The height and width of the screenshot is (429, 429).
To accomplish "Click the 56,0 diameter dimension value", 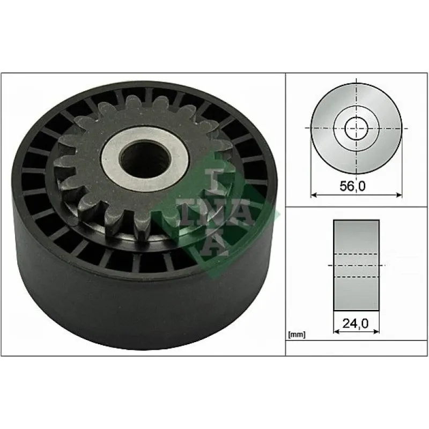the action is click(352, 186).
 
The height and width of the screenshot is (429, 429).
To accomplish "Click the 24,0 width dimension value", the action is click(356, 324).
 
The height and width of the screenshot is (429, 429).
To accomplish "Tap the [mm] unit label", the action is click(297, 334).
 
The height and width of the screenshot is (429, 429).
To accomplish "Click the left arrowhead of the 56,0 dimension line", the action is click(314, 195).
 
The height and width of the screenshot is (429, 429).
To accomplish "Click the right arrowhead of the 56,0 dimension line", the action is click(399, 195).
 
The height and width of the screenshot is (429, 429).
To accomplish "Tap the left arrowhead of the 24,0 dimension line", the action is click(337, 331).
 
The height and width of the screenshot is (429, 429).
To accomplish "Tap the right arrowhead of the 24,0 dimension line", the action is click(376, 331).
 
